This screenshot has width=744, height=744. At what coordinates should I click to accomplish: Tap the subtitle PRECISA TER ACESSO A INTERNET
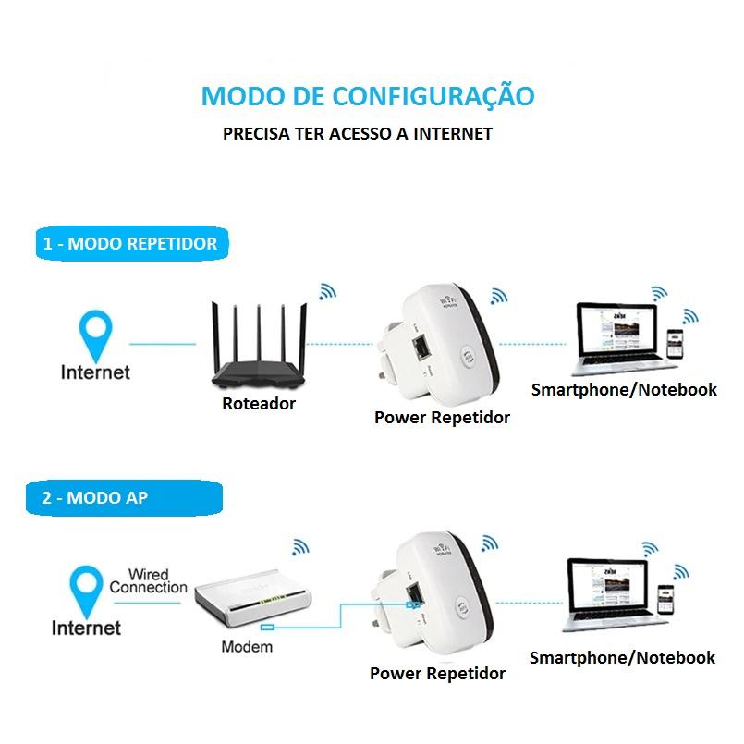[x=358, y=134]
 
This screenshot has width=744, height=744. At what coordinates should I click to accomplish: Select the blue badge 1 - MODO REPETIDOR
[x=132, y=243]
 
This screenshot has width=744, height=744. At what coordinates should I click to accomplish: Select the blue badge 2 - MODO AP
[x=125, y=498]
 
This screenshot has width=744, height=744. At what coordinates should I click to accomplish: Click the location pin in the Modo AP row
[x=86, y=589]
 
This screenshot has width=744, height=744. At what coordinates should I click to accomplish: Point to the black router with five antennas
[x=259, y=346]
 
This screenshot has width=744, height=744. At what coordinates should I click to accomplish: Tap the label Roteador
[x=259, y=403]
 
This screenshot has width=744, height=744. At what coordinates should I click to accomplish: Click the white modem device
[x=252, y=598]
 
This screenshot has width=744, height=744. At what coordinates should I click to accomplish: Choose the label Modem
[x=247, y=647]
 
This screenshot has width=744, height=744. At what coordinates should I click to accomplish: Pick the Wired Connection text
[x=149, y=580]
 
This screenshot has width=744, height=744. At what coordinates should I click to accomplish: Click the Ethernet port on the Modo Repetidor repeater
[x=421, y=348]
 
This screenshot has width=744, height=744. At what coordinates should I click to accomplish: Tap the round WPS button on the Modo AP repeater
[x=463, y=608]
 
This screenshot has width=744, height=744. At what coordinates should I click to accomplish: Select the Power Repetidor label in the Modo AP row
[x=437, y=674]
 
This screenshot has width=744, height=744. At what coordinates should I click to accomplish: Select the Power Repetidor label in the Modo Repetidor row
[x=442, y=418]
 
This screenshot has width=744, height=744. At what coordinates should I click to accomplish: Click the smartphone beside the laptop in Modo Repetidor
[x=675, y=344]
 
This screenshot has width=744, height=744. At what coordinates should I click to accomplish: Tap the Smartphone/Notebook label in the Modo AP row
[x=622, y=658]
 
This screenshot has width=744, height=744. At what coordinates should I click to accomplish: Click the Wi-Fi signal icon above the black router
[x=327, y=292]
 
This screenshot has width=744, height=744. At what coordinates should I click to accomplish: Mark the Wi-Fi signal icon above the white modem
[x=299, y=547]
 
